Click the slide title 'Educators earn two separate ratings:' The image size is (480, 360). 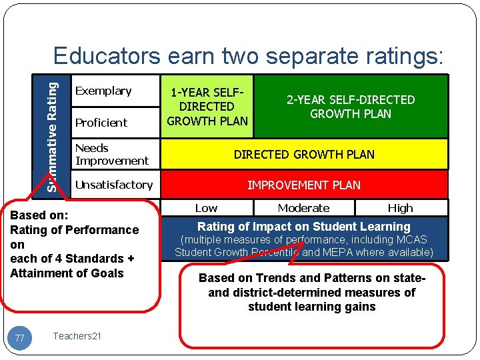[248, 56]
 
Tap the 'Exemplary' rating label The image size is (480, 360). [103, 91]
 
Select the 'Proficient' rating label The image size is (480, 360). [101, 123]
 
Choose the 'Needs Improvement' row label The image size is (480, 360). [111, 154]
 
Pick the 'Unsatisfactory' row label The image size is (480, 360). [114, 185]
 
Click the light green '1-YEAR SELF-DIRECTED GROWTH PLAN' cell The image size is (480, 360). [207, 107]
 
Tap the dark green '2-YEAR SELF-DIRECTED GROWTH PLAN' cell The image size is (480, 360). [351, 107]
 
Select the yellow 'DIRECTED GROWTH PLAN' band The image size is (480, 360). [304, 155]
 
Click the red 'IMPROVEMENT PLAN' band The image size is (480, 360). [304, 185]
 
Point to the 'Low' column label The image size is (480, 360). [206, 208]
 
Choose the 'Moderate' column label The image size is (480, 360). [303, 208]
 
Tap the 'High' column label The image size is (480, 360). [400, 208]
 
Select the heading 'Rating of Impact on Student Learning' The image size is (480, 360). [304, 227]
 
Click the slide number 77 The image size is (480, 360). [20, 339]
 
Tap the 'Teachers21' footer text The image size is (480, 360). [77, 336]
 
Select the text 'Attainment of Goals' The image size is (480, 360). [67, 273]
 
